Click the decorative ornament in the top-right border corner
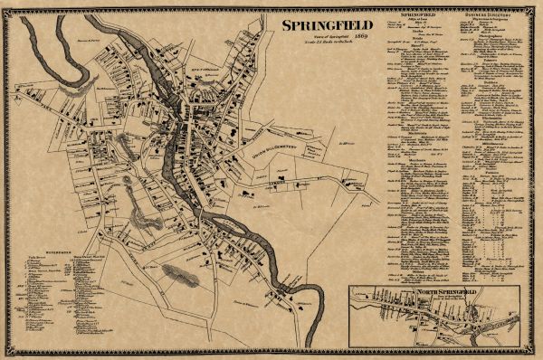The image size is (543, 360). [535, 6]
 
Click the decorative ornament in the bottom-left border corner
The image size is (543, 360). [7, 353]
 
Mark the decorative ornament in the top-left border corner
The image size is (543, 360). [7, 6]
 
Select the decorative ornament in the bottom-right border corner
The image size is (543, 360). [535, 353]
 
